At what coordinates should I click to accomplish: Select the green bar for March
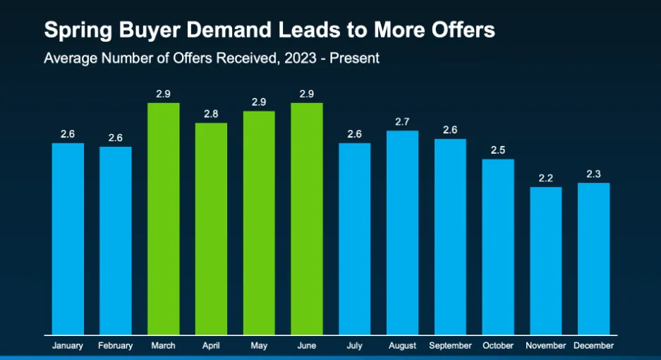pyautogui.click(x=163, y=219)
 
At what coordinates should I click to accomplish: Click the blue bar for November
pyautogui.click(x=545, y=260)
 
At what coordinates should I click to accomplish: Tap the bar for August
pyautogui.click(x=402, y=232)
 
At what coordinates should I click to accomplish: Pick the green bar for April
pyautogui.click(x=211, y=229)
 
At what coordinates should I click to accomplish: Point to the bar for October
pyautogui.click(x=498, y=246)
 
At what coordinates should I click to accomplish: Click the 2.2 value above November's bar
pyautogui.click(x=545, y=179)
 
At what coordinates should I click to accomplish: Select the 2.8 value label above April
pyautogui.click(x=211, y=114)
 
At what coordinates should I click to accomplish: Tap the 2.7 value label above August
pyautogui.click(x=402, y=122)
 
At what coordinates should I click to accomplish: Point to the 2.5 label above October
pyautogui.click(x=498, y=150)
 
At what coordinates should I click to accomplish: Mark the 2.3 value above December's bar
pyautogui.click(x=593, y=174)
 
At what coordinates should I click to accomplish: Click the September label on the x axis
pyautogui.click(x=450, y=346)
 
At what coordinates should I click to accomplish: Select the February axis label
pyautogui.click(x=116, y=346)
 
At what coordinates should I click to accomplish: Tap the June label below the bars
pyautogui.click(x=306, y=346)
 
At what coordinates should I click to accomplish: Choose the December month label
pyautogui.click(x=593, y=346)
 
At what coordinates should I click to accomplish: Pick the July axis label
pyautogui.click(x=354, y=346)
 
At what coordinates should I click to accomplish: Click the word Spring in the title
pyautogui.click(x=73, y=31)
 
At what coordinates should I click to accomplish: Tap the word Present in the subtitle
pyautogui.click(x=355, y=58)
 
